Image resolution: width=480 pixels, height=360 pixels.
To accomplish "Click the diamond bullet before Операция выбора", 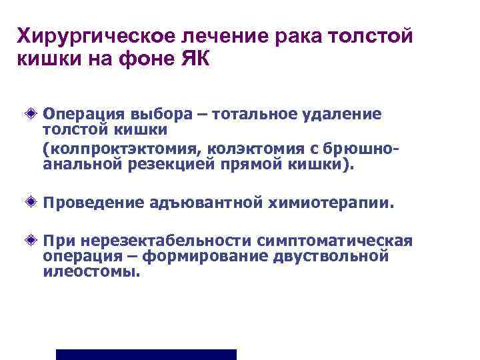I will point(33,114).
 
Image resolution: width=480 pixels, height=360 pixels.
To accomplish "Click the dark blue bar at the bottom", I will point(146,354).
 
